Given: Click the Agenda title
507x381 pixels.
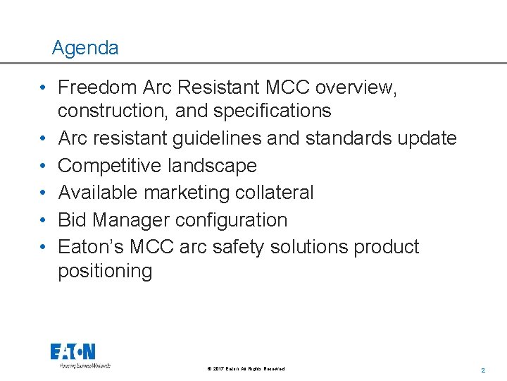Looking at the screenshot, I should pos(85,48).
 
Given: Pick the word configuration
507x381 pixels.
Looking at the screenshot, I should pos(233,219).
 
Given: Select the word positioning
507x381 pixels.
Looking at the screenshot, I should pos(105,272).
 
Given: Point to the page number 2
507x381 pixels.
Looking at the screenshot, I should pos(483,370).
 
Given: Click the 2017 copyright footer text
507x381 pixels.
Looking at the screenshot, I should pos(246,369).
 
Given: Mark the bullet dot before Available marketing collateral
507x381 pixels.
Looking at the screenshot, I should pos(44,193).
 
